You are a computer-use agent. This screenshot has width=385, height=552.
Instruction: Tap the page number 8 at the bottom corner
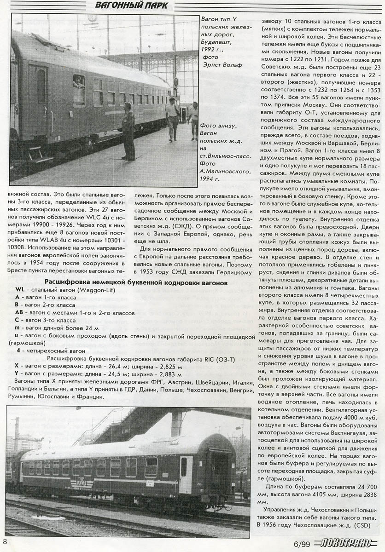point(5,541)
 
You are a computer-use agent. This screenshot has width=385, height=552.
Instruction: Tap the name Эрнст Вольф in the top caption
point(222,65)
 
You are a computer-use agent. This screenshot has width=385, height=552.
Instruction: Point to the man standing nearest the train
point(128,131)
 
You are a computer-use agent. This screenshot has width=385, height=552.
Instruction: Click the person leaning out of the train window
point(78,83)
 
